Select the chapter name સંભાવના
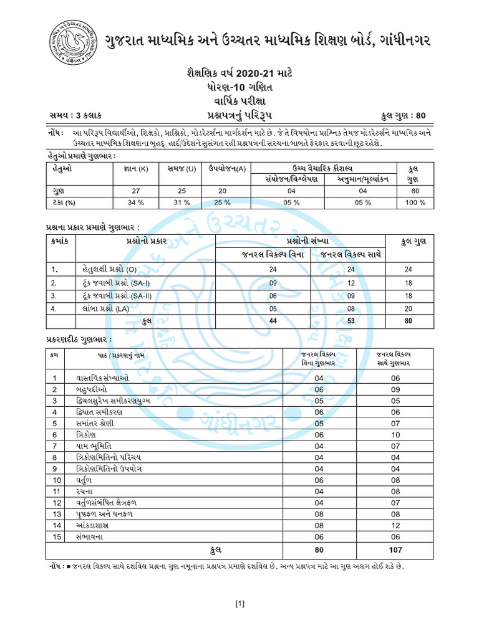[x=93, y=536]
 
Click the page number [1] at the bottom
[x=239, y=604]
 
